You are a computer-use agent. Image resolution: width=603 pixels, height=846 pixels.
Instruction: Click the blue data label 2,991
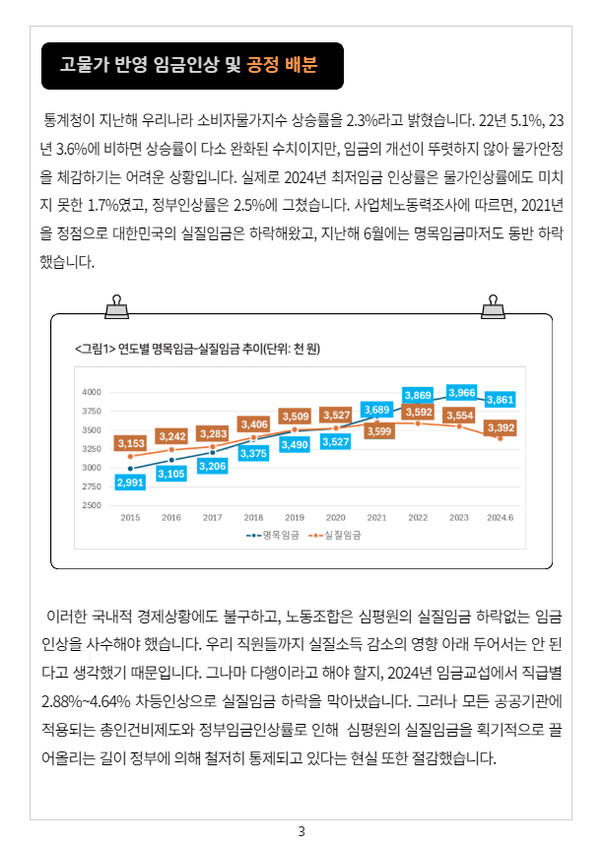click(x=130, y=483)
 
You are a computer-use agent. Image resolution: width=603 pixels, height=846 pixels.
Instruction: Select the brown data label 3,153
click(x=131, y=444)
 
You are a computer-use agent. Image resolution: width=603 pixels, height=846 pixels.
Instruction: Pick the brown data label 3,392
click(x=501, y=427)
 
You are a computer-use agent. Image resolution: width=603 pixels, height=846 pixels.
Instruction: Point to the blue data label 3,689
click(x=376, y=409)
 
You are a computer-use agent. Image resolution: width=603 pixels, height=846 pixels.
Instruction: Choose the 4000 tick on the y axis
click(x=92, y=392)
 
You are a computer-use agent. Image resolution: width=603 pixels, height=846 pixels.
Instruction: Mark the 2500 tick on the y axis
click(x=92, y=505)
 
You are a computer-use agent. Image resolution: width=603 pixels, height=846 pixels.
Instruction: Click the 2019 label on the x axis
click(x=295, y=517)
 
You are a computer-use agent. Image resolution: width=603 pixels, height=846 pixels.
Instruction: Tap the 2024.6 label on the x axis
click(x=500, y=517)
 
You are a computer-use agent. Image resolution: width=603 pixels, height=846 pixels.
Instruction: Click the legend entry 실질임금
click(x=335, y=536)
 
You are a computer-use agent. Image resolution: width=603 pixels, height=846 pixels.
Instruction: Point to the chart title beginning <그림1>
click(x=197, y=348)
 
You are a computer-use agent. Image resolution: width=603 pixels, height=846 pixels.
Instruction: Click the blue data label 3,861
click(x=501, y=399)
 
